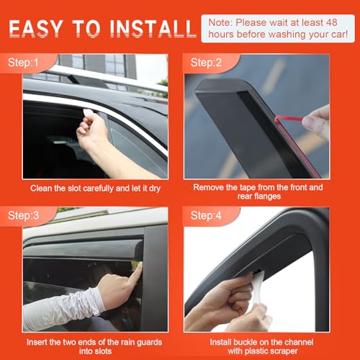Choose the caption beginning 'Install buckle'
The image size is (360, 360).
268,343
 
